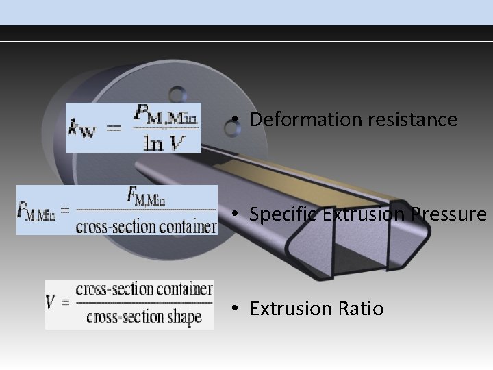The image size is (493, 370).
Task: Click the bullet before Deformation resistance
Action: pos(234,120)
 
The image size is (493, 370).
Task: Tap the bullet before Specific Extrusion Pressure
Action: pos(234,214)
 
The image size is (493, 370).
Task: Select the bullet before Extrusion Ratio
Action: pos(234,309)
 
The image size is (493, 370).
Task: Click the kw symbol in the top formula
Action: pos(83,128)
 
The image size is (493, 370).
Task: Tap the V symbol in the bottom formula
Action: pos(52,302)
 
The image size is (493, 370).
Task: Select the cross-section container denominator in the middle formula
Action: pos(146,225)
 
